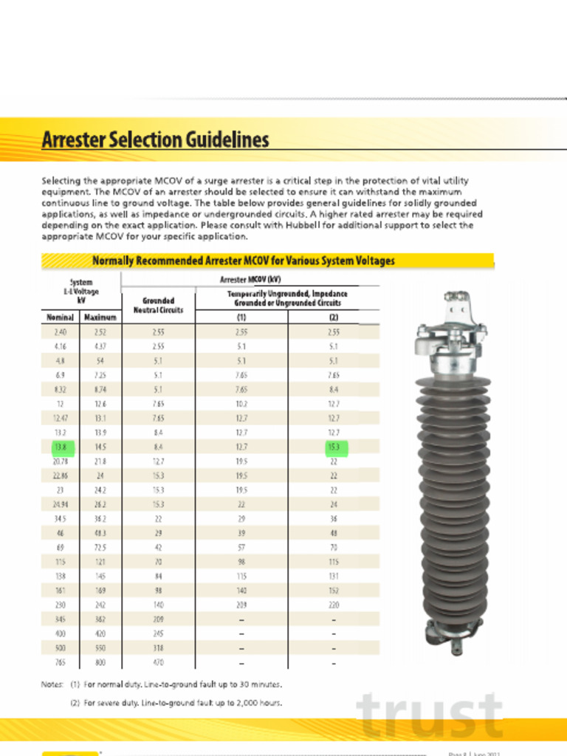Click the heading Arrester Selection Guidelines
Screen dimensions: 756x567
[155, 140]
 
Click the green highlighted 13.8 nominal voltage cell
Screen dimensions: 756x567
[60, 447]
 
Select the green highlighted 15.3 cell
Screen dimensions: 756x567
[334, 447]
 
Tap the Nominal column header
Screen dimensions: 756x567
[60, 317]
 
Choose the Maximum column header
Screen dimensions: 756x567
[100, 317]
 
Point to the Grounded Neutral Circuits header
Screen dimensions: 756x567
[158, 305]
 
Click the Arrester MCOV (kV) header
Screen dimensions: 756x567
[250, 279]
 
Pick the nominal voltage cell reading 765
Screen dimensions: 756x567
[60, 662]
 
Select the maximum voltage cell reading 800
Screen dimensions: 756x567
[100, 662]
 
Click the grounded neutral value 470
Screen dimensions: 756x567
[158, 662]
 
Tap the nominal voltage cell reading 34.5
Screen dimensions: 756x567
[60, 519]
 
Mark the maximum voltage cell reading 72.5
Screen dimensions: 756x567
[100, 548]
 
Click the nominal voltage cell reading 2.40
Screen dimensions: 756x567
[60, 333]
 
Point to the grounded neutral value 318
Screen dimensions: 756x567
[158, 648]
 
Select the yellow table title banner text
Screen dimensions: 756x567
[243, 261]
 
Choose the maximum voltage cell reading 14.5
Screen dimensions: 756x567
[100, 447]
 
